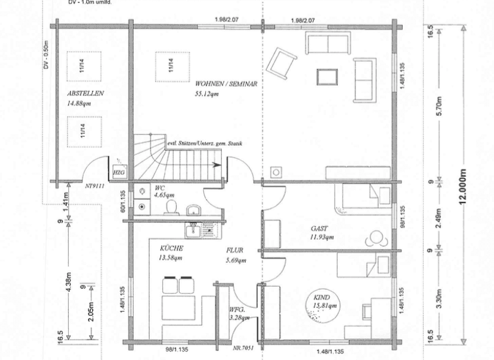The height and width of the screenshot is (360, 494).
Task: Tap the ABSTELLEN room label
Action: point(85,94)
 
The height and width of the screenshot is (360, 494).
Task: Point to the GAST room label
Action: point(319,228)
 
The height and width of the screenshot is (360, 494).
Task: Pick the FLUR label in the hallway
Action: point(234,251)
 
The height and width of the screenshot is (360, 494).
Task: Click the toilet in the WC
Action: point(172,206)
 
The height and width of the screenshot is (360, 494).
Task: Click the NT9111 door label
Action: point(95,187)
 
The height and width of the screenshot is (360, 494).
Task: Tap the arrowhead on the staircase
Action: point(221,164)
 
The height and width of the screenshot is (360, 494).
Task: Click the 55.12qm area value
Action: point(207,94)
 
